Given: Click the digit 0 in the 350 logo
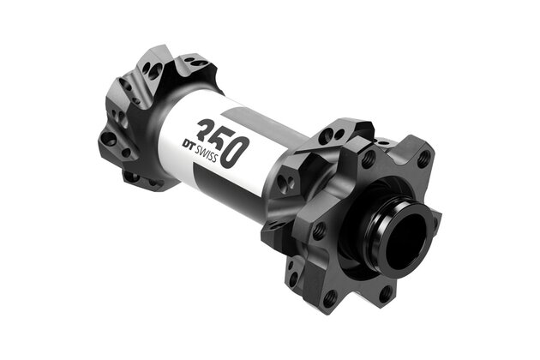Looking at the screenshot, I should click(x=237, y=151).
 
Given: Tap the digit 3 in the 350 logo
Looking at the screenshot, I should click(x=205, y=132).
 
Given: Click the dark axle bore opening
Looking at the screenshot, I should click(x=402, y=237).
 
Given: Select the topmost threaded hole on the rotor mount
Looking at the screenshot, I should click(x=368, y=159).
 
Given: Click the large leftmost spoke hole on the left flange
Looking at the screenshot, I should click(x=108, y=137).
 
